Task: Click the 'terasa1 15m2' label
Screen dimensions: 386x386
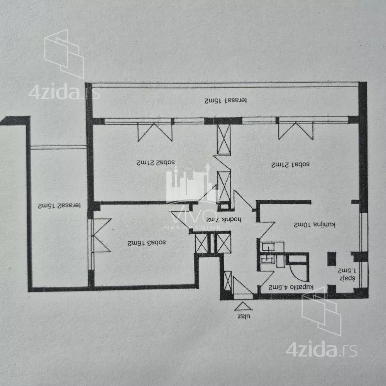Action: coord(226,100)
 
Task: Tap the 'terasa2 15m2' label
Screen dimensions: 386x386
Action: coord(59,205)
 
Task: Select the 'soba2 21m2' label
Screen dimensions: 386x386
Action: coord(156,163)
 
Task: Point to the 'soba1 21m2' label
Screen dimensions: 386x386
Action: coord(291,164)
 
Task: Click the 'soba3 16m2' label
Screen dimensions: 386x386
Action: coord(147,243)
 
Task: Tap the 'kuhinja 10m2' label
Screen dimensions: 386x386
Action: coord(314,225)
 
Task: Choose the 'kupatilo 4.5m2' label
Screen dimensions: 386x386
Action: coord(291,287)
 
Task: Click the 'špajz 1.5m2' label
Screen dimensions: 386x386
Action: coord(347,274)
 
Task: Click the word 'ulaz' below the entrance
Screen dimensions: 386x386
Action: coord(244,316)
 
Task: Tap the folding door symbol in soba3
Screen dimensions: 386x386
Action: coord(102,235)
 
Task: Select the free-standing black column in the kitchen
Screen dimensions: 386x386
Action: coord(332,259)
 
